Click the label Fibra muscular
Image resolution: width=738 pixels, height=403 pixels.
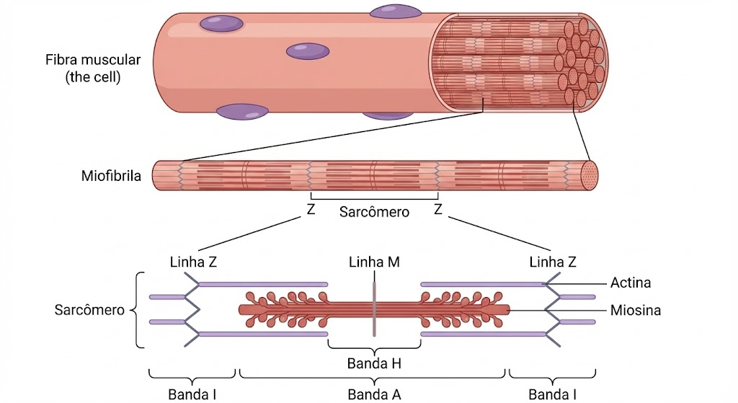(x=93, y=60)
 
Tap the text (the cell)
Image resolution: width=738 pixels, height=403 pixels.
(x=93, y=76)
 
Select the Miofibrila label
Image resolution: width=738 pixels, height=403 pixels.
(x=111, y=176)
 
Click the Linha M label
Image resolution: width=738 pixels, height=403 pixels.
(x=374, y=262)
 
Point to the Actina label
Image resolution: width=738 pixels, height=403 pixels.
(x=631, y=283)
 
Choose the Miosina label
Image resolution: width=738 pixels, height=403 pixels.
(x=636, y=310)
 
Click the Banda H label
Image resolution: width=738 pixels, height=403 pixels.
(x=374, y=363)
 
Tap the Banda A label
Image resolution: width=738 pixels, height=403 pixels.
(x=374, y=394)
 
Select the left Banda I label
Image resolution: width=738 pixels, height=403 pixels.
(x=192, y=394)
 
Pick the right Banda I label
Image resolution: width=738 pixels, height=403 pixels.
(x=553, y=394)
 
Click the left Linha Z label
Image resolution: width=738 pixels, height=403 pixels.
(x=193, y=262)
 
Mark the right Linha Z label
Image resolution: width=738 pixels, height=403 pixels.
(x=553, y=262)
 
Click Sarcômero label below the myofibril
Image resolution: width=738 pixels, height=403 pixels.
(x=374, y=212)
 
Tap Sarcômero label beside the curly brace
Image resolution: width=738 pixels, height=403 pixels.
(x=89, y=310)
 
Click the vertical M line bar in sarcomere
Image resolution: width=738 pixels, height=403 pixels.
(x=374, y=309)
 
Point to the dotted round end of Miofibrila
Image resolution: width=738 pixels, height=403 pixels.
(x=590, y=176)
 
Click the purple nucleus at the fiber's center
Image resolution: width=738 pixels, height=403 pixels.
(x=308, y=51)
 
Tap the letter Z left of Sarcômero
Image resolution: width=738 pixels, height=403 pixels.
(x=311, y=210)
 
